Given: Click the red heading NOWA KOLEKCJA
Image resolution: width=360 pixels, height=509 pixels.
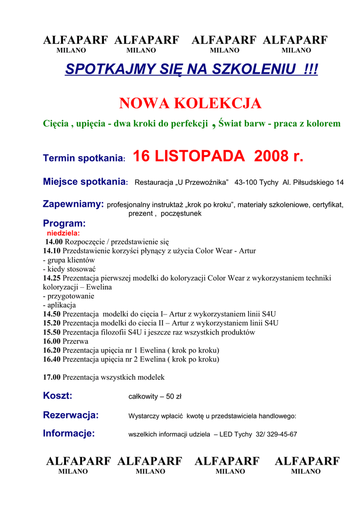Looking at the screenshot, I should [190, 103].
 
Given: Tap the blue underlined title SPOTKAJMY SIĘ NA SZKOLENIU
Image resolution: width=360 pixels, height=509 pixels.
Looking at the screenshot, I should [191, 70].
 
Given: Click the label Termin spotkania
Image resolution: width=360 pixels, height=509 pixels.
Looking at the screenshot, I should [83, 159].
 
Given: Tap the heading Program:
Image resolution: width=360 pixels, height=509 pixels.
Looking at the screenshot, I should [64, 224].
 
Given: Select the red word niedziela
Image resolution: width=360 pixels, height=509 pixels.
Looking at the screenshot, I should [63, 233].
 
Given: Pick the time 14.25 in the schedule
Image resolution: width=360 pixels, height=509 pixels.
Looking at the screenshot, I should [52, 278].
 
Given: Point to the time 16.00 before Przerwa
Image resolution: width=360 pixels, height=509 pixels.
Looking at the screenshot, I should [52, 341].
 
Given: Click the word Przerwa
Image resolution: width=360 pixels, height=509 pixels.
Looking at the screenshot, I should [76, 341].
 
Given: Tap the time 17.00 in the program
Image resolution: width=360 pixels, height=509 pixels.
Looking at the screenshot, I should [52, 377].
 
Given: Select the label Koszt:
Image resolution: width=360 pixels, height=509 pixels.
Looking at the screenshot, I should [58, 396].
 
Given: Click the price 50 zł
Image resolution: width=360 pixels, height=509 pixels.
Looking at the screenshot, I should [174, 397].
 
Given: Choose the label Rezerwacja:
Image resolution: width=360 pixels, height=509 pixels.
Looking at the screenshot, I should [71, 415].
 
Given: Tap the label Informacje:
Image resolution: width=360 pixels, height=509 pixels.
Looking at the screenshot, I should [69, 433].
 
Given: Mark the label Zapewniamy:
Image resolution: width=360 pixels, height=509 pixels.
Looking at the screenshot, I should [74, 204].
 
